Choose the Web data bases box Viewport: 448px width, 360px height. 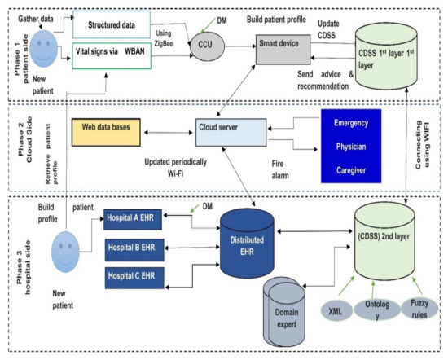pos(106,128)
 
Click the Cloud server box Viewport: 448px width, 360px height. pos(229,128)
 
